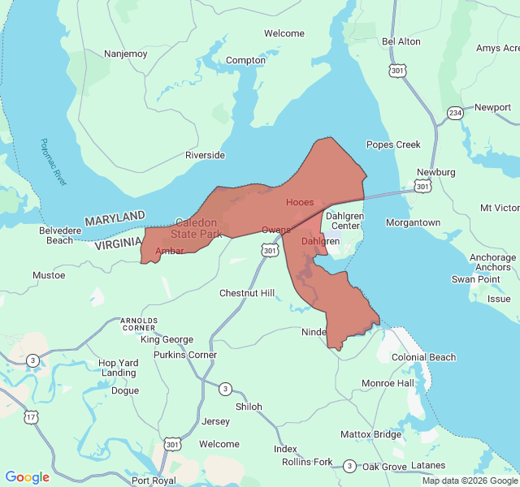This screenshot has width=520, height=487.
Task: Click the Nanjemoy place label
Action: pos(125,54)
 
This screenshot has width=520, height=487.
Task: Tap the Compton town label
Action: pos(245,60)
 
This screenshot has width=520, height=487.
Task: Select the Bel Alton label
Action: pos(401,41)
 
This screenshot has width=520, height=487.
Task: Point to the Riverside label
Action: pos(205,155)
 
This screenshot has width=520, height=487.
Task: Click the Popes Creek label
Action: pos(393,144)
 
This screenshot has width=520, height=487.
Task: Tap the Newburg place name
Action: pos(435,172)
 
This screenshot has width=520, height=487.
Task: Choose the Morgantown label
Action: pos(413,222)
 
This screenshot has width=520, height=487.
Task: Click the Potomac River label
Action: pos(54,162)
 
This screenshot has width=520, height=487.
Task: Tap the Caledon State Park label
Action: pos(199,228)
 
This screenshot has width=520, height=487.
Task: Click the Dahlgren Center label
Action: pos(344,221)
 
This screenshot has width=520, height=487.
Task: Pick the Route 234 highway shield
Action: pos(455,113)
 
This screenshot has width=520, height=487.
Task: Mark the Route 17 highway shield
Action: pos(31,417)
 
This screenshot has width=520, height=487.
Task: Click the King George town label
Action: pos(167,339)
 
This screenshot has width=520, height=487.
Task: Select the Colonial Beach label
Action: pos(423,357)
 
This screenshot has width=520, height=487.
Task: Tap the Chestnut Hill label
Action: pos(247,293)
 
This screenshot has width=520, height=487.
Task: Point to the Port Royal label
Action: pos(154,480)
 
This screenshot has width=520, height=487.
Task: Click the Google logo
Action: pos(28,477)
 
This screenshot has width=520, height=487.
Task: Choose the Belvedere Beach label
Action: pos(59,235)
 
